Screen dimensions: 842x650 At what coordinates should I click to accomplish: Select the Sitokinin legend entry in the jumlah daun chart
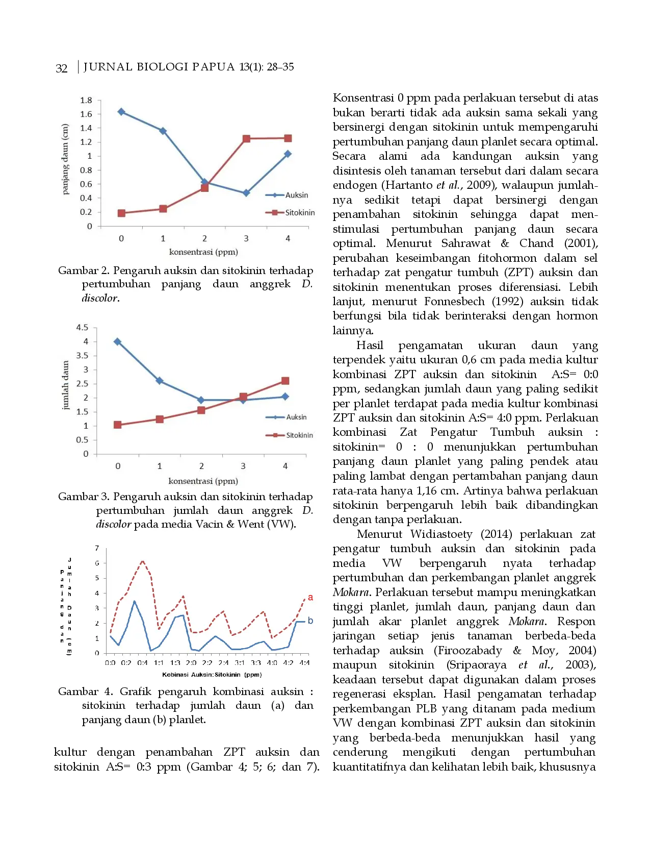290,435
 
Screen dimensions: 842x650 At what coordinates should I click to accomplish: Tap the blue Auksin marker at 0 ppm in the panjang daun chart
121,112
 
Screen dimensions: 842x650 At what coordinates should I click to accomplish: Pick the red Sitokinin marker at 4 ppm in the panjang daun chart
288,138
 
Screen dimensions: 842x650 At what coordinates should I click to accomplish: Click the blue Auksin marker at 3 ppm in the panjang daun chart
246,193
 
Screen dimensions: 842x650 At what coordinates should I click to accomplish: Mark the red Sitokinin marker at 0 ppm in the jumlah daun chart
118,425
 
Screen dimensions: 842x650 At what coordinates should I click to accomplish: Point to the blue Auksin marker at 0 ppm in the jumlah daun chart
118,341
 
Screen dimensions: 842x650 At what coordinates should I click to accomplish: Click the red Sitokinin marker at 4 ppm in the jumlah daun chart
285,381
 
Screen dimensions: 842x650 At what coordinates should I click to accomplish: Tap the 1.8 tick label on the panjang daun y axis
86,100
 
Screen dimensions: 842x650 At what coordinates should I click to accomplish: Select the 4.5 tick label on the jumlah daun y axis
82,327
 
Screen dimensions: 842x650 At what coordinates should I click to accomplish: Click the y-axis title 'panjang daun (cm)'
65,159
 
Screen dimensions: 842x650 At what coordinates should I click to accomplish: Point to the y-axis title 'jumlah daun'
65,385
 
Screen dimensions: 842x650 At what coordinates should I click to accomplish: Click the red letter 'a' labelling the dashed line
310,598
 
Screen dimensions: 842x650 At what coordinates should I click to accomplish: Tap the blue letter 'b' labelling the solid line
310,621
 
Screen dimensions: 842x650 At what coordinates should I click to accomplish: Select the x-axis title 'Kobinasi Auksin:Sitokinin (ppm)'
212,675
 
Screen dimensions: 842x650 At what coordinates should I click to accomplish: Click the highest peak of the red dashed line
143,561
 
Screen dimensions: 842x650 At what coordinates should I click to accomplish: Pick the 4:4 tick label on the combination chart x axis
304,663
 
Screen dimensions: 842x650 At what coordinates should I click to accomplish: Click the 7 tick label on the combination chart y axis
97,548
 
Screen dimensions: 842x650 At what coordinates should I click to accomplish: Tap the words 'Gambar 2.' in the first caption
84,270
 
